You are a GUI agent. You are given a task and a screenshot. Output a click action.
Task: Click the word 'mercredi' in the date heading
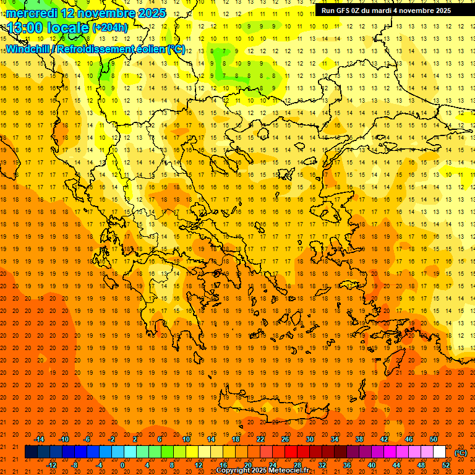32,13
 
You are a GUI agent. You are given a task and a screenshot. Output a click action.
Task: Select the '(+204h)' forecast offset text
110,27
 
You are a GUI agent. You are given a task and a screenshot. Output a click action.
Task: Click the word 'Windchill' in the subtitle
27,49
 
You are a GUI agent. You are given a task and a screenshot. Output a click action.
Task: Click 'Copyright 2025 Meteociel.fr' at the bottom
262,471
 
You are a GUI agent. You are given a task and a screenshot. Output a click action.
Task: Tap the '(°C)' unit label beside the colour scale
461,453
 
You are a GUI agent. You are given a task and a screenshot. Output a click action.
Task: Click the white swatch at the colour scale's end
440,452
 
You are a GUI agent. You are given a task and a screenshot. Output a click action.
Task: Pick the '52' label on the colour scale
446,465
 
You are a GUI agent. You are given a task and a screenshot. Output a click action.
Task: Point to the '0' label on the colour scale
122,465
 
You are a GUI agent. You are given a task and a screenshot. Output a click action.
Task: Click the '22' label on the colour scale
260,439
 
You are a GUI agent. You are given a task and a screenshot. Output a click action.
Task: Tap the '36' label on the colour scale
347,465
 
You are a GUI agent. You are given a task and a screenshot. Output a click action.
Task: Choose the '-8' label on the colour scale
75,465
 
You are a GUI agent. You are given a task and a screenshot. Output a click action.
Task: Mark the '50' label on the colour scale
434,439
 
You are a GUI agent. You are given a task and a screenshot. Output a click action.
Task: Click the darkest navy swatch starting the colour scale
32,452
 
